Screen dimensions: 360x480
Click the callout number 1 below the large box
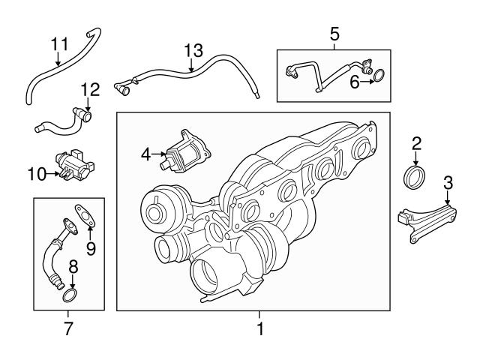tap(259, 328)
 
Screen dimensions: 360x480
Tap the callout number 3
tap(447, 181)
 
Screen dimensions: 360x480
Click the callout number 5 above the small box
tap(334, 33)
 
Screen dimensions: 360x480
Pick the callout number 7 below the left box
tap(68, 328)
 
